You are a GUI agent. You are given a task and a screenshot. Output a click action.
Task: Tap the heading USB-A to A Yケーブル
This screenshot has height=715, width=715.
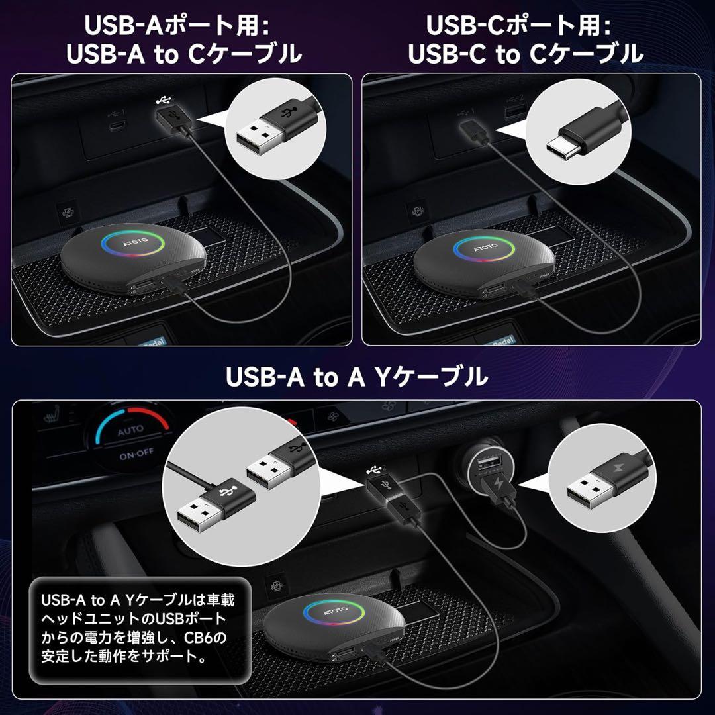[357, 377]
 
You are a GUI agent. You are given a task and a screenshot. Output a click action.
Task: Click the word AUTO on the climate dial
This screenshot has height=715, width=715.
[130, 430]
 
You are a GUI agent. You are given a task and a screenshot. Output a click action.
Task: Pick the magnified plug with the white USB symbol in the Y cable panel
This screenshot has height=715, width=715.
[225, 495]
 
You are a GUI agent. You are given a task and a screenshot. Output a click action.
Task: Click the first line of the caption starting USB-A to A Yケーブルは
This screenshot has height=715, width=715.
[138, 600]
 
